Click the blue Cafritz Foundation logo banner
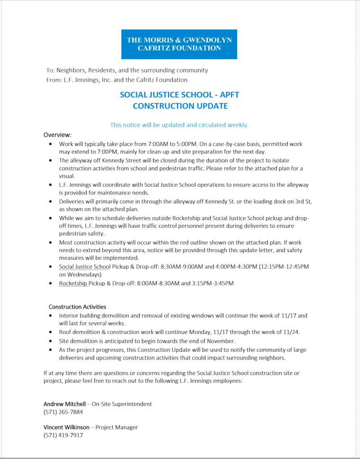click(179, 44)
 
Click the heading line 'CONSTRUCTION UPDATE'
click(180, 106)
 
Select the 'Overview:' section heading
click(57, 135)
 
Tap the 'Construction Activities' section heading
click(77, 307)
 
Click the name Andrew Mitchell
click(64, 404)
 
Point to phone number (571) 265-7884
click(63, 412)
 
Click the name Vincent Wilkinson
click(66, 427)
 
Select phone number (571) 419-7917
click(63, 435)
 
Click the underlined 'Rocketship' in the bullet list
click(73, 283)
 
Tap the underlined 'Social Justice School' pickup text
click(84, 267)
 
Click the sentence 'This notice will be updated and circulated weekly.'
click(179, 125)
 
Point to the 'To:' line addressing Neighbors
click(127, 70)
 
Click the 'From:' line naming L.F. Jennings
click(117, 80)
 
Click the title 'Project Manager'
click(116, 427)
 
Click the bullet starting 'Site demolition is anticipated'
click(147, 341)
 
